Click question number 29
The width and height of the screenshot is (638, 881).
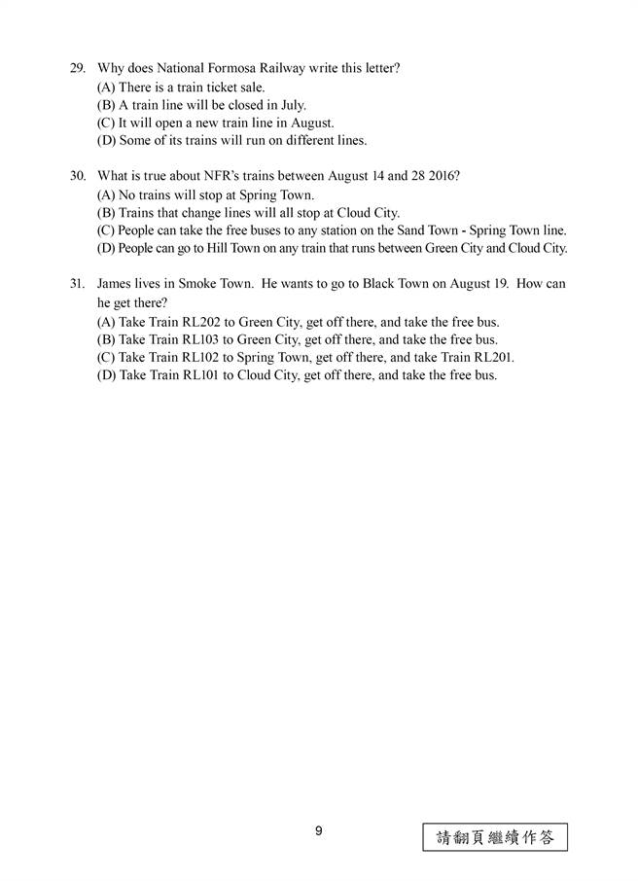pyautogui.click(x=77, y=68)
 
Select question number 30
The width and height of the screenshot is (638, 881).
pyautogui.click(x=77, y=176)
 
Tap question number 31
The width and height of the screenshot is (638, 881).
pyautogui.click(x=77, y=284)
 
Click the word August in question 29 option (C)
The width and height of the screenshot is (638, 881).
pyautogui.click(x=311, y=123)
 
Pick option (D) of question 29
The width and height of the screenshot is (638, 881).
pyautogui.click(x=231, y=141)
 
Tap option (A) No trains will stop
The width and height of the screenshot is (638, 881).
pyautogui.click(x=204, y=194)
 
